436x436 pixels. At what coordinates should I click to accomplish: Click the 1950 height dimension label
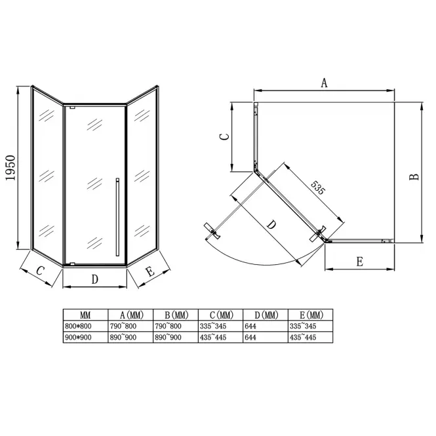[10, 168]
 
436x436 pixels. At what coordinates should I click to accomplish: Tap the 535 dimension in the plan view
[317, 188]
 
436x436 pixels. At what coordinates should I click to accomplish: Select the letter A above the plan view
[325, 83]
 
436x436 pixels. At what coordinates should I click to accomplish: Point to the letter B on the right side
[414, 177]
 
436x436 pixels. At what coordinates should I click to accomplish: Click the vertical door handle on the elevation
[117, 217]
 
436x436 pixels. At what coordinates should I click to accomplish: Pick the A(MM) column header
[132, 315]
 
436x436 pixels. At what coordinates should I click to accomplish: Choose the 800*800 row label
[78, 326]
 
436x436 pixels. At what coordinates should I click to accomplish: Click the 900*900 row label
[78, 337]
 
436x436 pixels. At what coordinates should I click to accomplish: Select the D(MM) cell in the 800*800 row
[250, 326]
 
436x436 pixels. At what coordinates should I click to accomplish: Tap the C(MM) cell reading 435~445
[213, 337]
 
